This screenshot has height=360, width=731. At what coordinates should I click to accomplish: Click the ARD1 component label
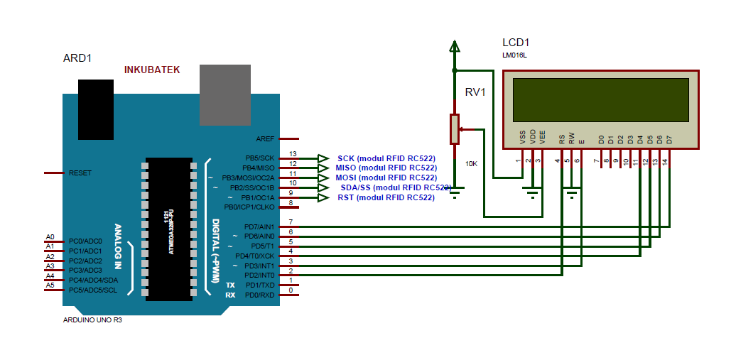pyautogui.click(x=77, y=58)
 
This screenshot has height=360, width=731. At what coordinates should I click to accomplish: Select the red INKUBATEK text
pyautogui.click(x=152, y=70)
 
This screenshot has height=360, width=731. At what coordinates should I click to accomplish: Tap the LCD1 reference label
pyautogui.click(x=516, y=43)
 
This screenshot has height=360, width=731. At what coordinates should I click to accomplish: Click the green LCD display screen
pyautogui.click(x=600, y=99)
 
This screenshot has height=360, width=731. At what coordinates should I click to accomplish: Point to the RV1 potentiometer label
pyautogui.click(x=475, y=92)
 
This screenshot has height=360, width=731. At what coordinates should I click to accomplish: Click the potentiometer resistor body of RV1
pyautogui.click(x=454, y=129)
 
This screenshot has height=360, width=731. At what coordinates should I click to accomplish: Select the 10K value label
pyautogui.click(x=471, y=164)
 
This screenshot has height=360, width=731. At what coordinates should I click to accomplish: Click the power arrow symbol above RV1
pyautogui.click(x=454, y=48)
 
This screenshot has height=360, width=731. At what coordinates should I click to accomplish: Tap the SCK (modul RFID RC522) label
pyautogui.click(x=386, y=158)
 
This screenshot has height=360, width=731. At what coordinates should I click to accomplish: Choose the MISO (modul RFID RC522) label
pyautogui.click(x=386, y=168)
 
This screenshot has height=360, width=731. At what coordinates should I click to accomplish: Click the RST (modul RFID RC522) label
pyautogui.click(x=386, y=197)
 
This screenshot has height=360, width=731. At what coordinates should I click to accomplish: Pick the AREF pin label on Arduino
pyautogui.click(x=265, y=138)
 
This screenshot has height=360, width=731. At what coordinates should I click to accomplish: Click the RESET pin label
pyautogui.click(x=80, y=173)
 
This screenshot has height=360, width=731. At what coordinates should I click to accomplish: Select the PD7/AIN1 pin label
pyautogui.click(x=259, y=227)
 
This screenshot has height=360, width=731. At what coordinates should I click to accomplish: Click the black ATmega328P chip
pyautogui.click(x=168, y=229)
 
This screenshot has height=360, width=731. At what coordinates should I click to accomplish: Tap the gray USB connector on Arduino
pyautogui.click(x=225, y=95)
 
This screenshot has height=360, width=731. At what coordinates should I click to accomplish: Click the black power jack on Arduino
pyautogui.click(x=96, y=109)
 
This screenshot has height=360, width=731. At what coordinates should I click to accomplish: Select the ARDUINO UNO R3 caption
pyautogui.click(x=92, y=320)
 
